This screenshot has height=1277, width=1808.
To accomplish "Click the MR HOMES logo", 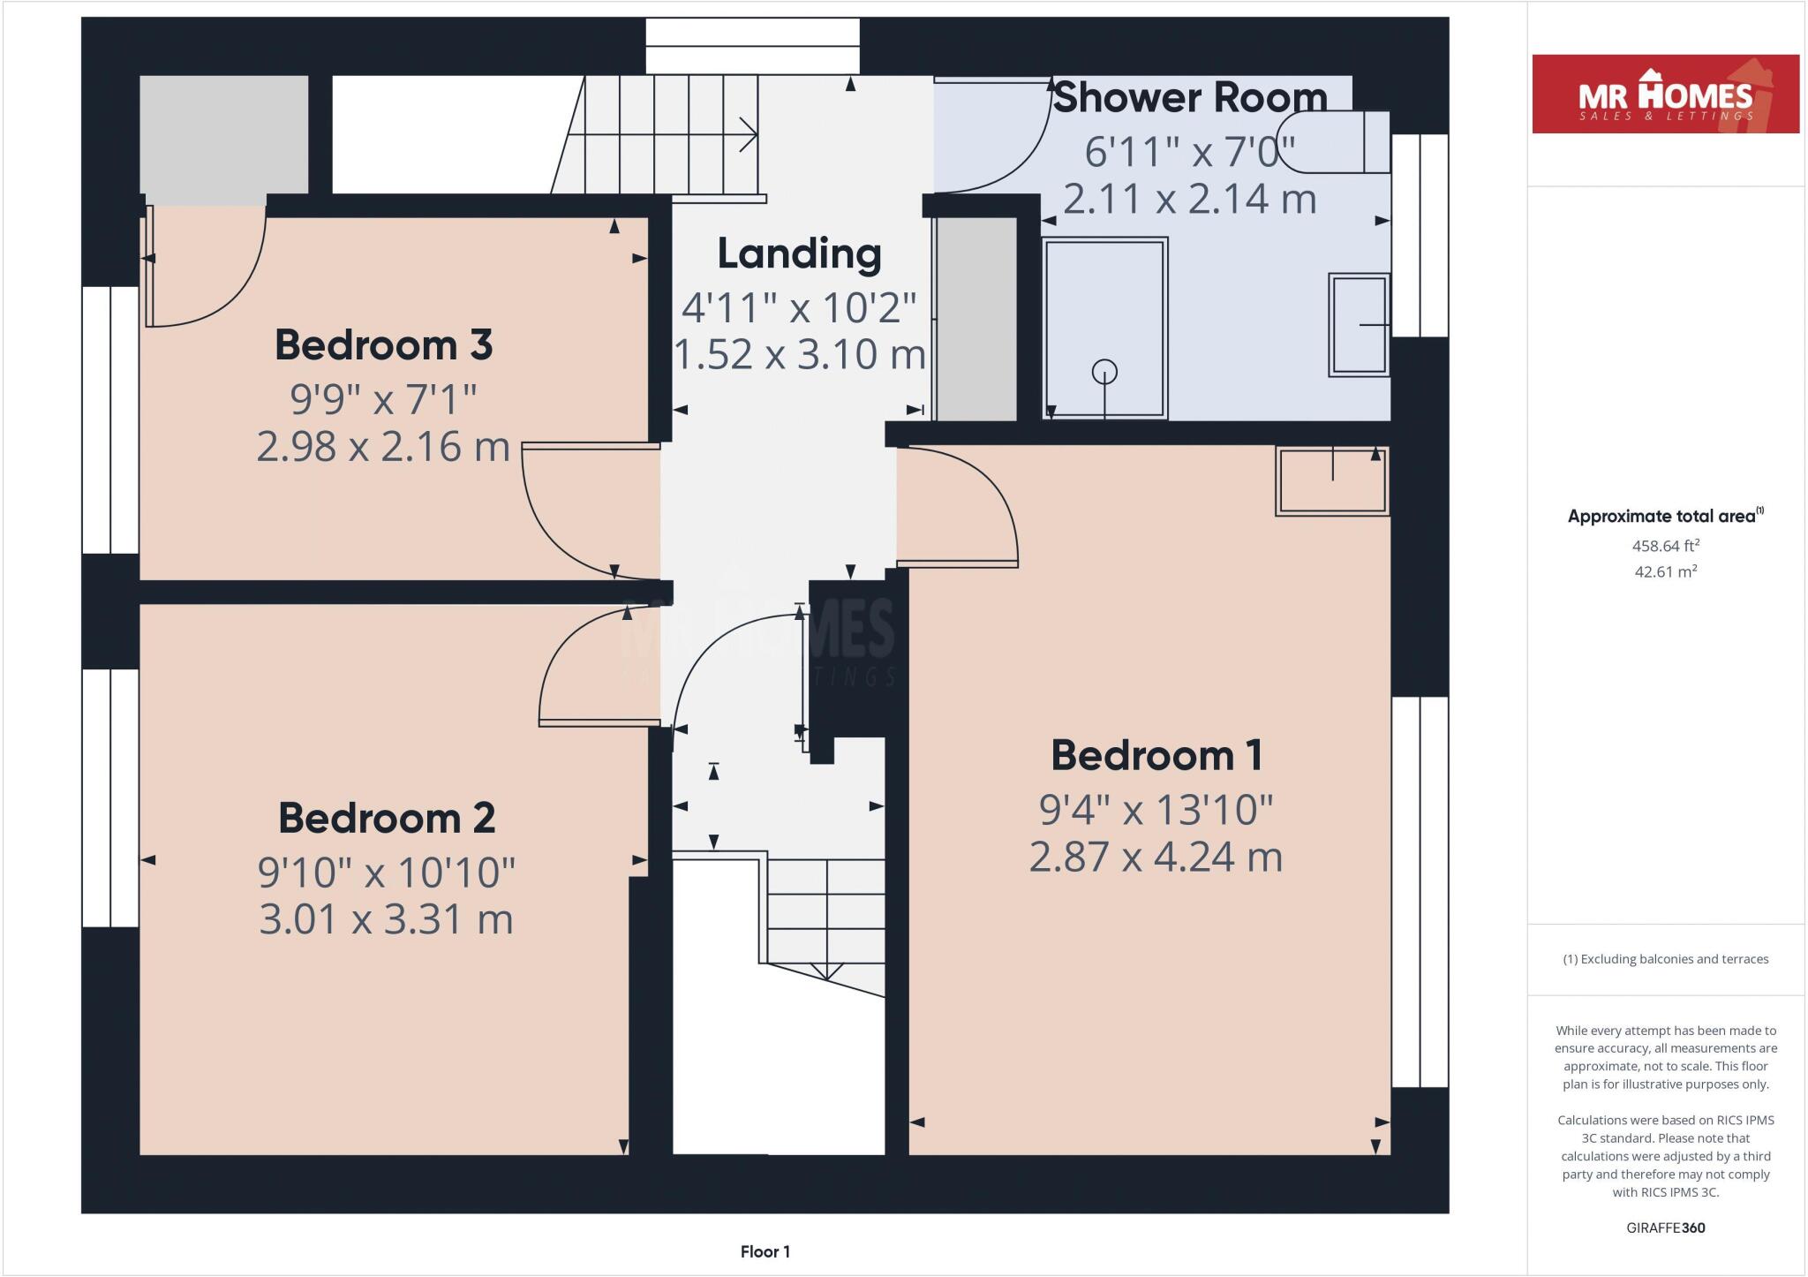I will (1665, 94).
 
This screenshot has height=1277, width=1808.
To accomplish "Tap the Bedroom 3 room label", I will (383, 344).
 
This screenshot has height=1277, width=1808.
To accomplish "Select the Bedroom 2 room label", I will (387, 818).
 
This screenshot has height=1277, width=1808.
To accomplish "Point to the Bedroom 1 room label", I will (1156, 755).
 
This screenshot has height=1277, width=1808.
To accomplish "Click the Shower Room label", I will (1190, 97).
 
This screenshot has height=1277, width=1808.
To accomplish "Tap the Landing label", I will (799, 253).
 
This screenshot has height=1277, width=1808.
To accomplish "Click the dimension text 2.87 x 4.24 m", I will (1156, 857).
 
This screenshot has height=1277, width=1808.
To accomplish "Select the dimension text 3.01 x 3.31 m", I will (386, 918).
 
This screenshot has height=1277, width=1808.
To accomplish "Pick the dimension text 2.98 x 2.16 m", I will (383, 446).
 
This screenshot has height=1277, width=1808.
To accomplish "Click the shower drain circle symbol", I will (1104, 372).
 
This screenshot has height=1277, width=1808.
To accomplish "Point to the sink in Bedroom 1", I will (1332, 481).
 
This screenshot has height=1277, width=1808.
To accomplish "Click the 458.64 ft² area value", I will (1665, 546).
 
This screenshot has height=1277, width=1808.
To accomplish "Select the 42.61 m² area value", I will (1665, 571).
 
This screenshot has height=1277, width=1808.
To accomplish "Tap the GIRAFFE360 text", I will (1665, 1228).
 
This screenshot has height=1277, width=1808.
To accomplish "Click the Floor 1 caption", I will (765, 1251).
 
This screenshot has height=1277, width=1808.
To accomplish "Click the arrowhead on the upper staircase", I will (749, 135).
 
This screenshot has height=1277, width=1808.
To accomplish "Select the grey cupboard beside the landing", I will (976, 318).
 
